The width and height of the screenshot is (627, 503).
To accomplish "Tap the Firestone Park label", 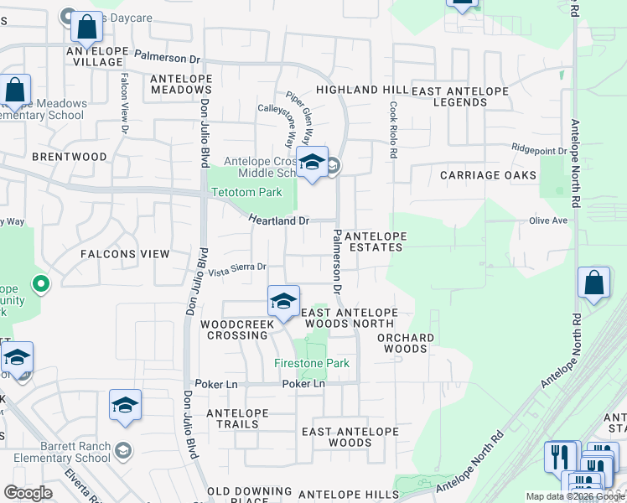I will pos(312,363).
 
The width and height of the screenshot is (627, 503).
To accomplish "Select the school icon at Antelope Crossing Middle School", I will pos(312,163).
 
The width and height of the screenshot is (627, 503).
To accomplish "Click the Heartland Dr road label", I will pos(279,220).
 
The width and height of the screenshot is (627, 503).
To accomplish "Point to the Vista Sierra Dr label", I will pos(237,268).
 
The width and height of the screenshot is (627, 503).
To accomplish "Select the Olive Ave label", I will pos(548,220).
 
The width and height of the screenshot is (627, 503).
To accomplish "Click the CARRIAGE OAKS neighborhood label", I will pos(488,175).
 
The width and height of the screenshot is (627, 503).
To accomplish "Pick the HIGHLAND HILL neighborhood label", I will pos(361,90).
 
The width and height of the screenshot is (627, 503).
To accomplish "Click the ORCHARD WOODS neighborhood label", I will pos(406,343).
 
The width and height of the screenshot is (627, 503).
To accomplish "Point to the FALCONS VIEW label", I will pos(125,253).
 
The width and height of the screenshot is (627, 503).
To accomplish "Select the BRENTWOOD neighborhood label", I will pos(70,157).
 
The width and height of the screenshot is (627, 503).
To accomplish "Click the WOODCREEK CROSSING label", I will pos(235,329).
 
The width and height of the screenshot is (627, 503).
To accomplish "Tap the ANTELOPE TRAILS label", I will pos(237,418).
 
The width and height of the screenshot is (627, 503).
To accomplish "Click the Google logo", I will pos(27,492).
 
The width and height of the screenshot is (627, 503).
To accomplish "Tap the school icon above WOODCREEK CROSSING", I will pos(283,301).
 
